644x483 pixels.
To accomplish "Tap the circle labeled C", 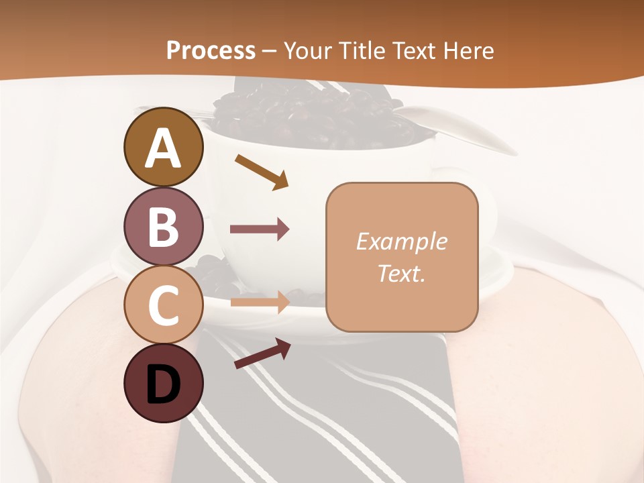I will [164, 304].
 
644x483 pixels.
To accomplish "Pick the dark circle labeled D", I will [164, 383].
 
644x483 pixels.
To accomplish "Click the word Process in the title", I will [211, 50].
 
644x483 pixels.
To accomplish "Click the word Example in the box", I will [402, 241].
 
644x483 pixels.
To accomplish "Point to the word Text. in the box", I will [402, 273].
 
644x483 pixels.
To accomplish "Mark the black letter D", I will [164, 384].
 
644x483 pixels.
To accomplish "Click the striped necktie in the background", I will [322, 416].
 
